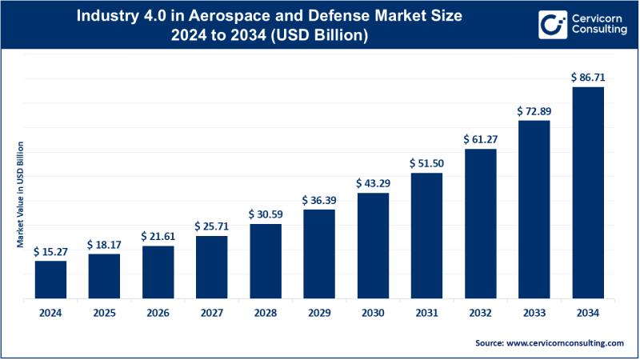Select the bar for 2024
click(50, 279)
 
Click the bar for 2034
click(588, 193)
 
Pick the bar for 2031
click(426, 235)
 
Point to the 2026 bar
click(158, 272)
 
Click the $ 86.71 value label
click(588, 78)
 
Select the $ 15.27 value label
click(50, 251)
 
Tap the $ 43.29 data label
click(373, 183)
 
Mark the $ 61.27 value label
click(480, 139)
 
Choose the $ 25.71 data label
click(212, 226)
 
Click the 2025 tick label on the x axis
click(104, 312)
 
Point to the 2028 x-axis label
click(266, 312)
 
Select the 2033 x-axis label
click(534, 312)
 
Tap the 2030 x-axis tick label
click(373, 312)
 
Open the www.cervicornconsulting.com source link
click(563, 342)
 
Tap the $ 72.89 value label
click(534, 110)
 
